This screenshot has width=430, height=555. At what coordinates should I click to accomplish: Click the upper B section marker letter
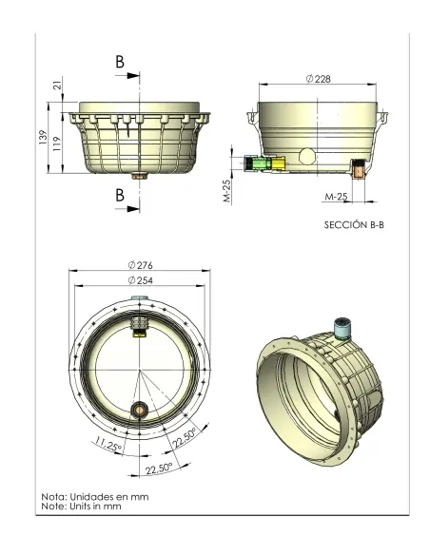coord(120,62)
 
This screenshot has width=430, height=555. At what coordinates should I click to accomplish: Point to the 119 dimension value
coord(57,144)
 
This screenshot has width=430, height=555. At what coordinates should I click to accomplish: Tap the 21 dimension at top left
coord(57,87)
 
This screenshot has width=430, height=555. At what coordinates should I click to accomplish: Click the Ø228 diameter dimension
coord(319,79)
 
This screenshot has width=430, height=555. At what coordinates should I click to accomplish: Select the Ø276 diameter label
coord(139,264)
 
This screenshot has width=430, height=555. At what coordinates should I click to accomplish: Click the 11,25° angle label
coord(107,443)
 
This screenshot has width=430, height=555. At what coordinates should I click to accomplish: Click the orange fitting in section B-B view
coord(358,171)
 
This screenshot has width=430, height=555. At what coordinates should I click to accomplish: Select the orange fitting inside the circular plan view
coord(139,411)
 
